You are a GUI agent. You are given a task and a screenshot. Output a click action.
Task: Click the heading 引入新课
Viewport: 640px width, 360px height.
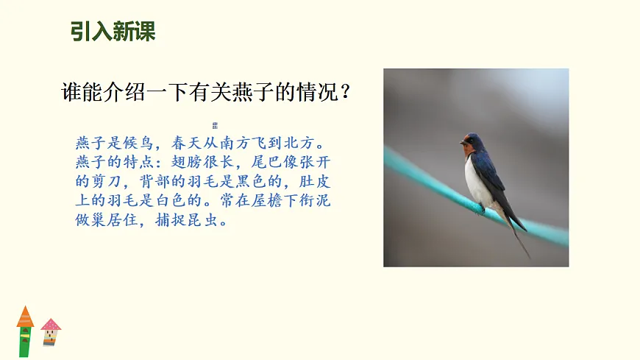113,32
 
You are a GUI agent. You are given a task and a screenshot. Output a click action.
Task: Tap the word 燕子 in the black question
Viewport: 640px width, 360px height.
250,93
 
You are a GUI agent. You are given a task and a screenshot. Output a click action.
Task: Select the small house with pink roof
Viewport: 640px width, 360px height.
50,332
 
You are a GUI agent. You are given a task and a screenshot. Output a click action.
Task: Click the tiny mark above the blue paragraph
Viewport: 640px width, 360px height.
215,125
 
